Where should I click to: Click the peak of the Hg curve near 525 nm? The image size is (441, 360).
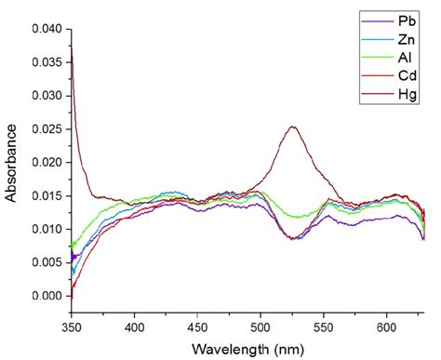click(x=292, y=127)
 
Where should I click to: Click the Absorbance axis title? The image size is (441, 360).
click(x=12, y=162)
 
